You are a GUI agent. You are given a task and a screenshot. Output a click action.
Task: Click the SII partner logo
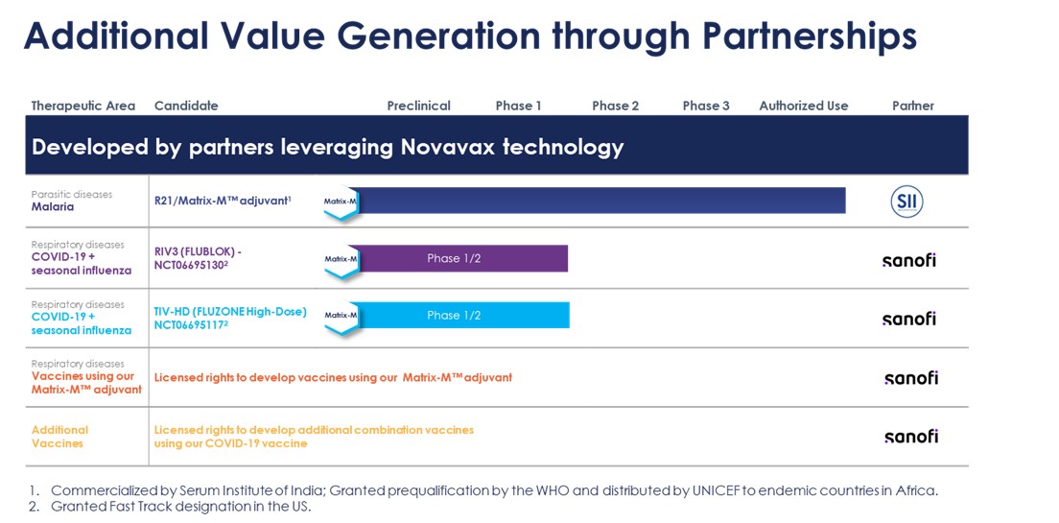point(906,202)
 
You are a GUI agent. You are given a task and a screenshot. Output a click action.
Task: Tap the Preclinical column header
point(419,107)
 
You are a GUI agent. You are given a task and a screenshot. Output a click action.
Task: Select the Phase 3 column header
point(706,107)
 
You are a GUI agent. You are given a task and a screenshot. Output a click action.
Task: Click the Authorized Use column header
point(804,107)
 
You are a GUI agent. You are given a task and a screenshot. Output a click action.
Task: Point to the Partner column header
point(913,107)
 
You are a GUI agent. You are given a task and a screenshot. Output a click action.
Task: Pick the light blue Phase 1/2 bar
point(459,316)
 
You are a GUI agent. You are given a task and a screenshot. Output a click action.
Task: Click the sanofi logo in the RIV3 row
point(909,260)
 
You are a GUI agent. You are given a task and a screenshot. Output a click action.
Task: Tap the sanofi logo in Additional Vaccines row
point(910,437)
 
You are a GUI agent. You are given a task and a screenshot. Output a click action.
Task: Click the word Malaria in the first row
point(53,206)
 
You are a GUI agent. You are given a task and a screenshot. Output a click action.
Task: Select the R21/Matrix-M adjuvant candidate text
point(223,201)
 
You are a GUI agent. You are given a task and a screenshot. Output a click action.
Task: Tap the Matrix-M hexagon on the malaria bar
point(341,202)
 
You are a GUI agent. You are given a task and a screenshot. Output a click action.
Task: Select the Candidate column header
point(186,107)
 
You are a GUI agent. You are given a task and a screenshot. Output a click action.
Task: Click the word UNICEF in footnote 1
point(717,491)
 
